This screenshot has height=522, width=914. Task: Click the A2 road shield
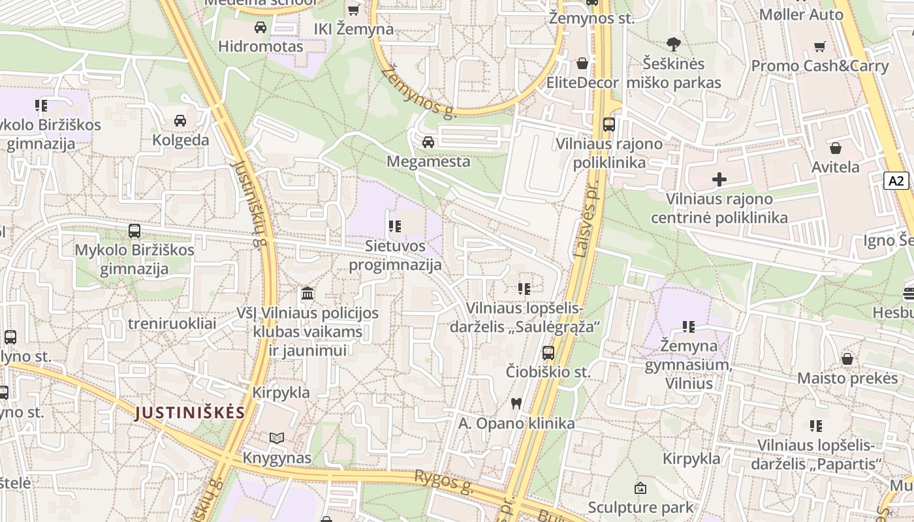click(896, 181)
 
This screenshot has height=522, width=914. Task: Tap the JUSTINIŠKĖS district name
click(190, 412)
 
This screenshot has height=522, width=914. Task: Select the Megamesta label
click(428, 161)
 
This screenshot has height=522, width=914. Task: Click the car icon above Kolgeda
click(180, 121)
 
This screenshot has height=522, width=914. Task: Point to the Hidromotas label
click(260, 46)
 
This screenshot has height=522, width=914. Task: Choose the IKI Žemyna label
click(354, 29)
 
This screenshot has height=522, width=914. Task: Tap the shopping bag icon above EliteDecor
click(582, 63)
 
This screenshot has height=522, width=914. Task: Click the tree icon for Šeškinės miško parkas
click(674, 44)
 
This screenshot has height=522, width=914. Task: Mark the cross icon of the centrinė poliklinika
click(719, 179)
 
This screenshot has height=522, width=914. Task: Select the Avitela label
click(835, 167)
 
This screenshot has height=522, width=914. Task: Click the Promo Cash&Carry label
click(820, 66)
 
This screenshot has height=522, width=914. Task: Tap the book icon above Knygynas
click(277, 438)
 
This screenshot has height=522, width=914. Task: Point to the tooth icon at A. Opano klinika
click(516, 403)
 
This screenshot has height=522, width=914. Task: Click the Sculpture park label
click(640, 507)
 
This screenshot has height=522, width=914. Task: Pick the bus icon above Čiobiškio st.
click(548, 353)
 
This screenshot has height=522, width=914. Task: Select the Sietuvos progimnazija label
click(395, 255)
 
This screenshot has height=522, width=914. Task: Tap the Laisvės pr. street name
click(586, 219)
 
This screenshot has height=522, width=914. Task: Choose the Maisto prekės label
click(847, 378)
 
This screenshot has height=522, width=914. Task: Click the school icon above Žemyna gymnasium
click(688, 326)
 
